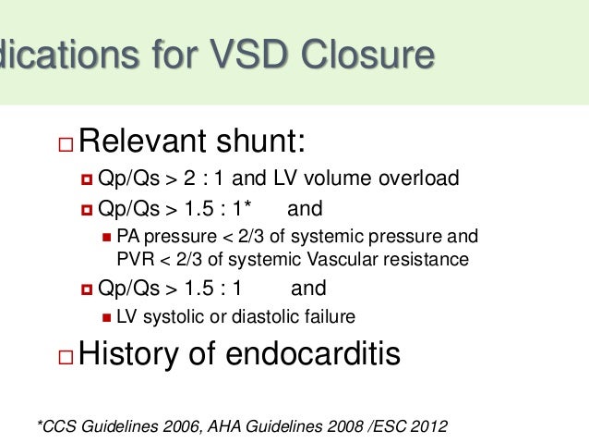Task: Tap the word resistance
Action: [419, 257]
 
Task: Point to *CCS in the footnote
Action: [55, 425]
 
